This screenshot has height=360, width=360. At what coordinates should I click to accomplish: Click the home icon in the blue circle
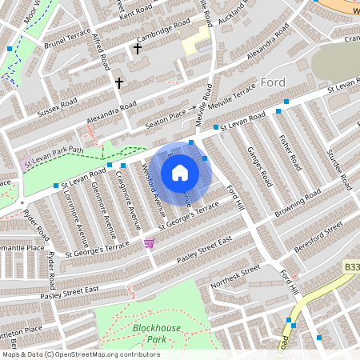pos(180,173)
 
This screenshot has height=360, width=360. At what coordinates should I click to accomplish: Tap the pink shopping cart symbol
pos(149,243)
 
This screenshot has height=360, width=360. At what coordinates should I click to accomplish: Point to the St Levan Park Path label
pos(54,149)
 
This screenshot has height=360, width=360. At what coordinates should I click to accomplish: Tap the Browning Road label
pos(297,206)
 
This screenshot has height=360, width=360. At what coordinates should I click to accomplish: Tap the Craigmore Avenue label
pos(126,200)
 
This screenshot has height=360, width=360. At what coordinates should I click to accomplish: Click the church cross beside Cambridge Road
pos(137,50)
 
